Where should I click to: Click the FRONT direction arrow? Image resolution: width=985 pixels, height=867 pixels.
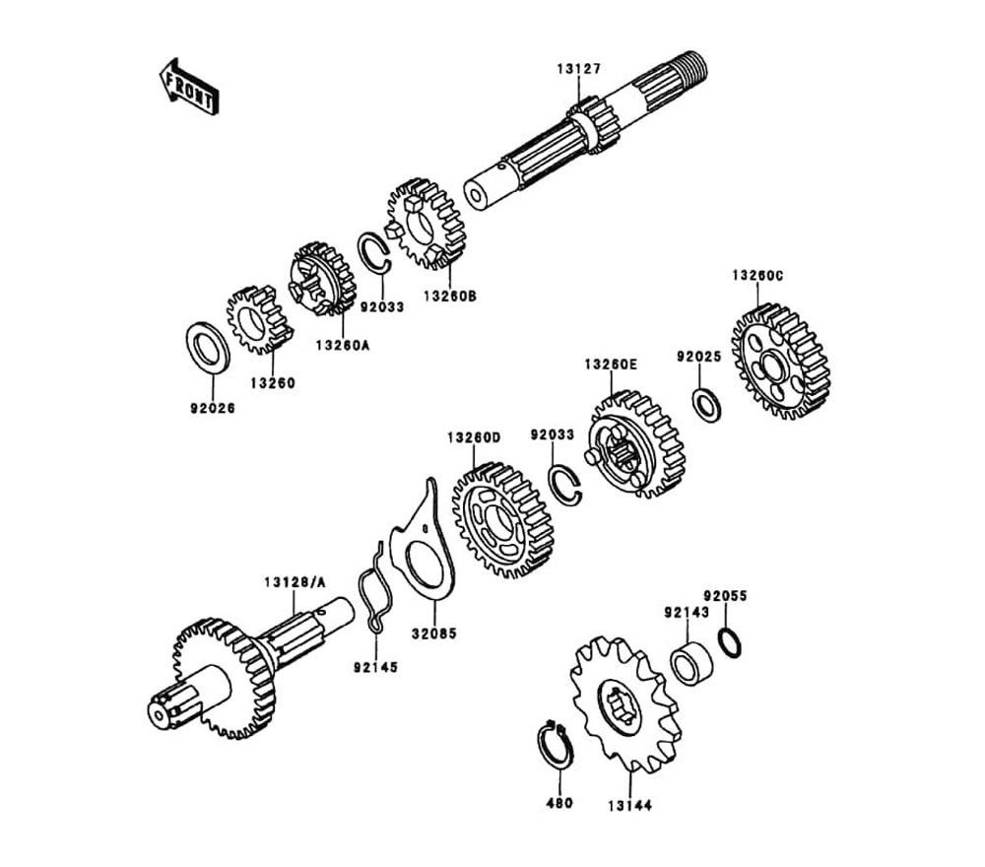point(189,86)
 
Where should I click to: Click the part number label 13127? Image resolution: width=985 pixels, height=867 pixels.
point(578,69)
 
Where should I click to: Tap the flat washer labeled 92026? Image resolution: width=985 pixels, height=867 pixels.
point(209,346)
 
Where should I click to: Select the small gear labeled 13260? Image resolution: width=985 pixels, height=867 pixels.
point(259,319)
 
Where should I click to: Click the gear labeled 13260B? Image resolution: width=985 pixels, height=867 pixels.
point(426,224)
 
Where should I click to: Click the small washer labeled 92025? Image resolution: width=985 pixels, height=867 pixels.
point(706,405)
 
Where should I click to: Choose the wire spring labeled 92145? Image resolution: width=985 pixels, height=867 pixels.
point(372,588)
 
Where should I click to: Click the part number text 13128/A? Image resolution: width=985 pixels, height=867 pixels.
point(293,583)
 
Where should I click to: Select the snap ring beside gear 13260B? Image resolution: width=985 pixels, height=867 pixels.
point(375,251)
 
